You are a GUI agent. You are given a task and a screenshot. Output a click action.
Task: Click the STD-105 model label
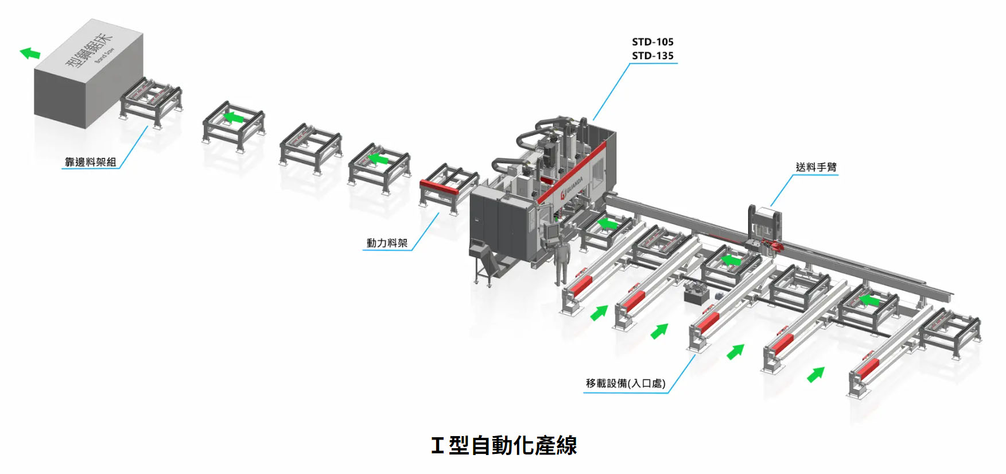pyautogui.click(x=652, y=42)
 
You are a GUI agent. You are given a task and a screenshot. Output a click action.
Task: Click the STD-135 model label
pyautogui.click(x=652, y=56)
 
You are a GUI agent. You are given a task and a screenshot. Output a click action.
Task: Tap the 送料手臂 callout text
pyautogui.click(x=815, y=167)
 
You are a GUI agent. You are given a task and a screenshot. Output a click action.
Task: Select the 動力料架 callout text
pyautogui.click(x=387, y=243)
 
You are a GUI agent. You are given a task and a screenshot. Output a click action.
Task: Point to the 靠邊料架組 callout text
pyautogui.click(x=90, y=162)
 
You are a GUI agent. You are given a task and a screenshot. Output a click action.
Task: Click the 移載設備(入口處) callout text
pyautogui.click(x=625, y=383)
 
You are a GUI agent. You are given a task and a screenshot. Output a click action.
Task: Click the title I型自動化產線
pyautogui.click(x=503, y=445)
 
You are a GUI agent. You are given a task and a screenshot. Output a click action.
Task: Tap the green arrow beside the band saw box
pyautogui.click(x=30, y=53)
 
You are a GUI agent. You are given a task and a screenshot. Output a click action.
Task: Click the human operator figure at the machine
pyautogui.click(x=561, y=261)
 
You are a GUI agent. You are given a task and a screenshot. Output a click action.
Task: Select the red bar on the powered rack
pyautogui.click(x=439, y=187)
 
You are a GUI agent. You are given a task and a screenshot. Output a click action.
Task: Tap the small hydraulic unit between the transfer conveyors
pyautogui.click(x=696, y=294)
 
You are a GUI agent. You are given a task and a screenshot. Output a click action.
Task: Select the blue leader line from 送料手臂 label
pyautogui.click(x=782, y=190)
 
